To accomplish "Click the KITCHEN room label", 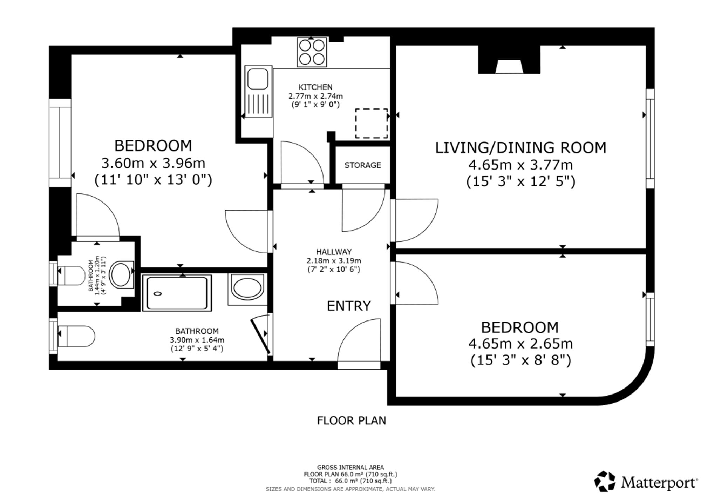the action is (315, 87).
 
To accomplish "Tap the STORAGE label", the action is (362, 165).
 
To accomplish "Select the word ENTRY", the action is (349, 306).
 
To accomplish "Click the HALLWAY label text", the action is (334, 252).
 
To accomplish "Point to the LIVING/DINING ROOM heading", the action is (521, 148).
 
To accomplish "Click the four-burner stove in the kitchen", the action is (312, 52).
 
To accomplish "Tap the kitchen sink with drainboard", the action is (259, 91).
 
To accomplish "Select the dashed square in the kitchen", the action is (372, 123).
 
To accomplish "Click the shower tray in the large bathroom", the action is (177, 293).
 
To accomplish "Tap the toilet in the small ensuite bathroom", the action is (71, 276).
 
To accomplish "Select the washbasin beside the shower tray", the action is (247, 289).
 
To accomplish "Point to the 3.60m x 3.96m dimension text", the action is (153, 163).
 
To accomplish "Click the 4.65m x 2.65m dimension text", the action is (521, 344).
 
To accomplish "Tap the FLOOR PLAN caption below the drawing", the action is (352, 420).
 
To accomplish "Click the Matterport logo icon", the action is (605, 481).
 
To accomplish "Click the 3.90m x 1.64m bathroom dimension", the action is (197, 340).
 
